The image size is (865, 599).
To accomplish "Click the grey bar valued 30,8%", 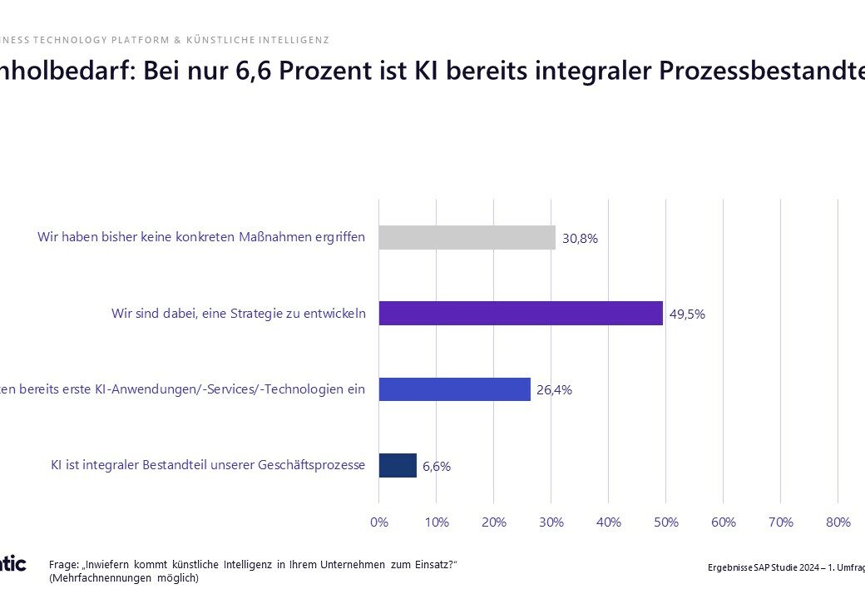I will (x=467, y=237).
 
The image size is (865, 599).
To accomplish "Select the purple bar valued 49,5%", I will (x=521, y=313).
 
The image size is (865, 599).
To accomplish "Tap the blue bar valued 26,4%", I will (x=454, y=389).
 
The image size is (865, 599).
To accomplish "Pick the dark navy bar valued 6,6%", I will (x=398, y=465).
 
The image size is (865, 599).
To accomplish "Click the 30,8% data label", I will (x=580, y=238).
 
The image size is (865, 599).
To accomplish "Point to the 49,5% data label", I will (x=687, y=314).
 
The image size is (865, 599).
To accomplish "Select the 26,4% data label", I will (x=554, y=389).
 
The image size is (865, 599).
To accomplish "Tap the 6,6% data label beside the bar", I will (x=437, y=466).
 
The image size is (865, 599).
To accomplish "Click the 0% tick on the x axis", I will (x=378, y=522).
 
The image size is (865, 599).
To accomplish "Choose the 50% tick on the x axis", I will (x=666, y=522).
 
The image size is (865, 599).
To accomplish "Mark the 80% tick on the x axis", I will (x=838, y=522).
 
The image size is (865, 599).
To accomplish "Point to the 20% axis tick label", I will (x=493, y=522).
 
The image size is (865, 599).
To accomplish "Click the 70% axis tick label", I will (x=780, y=522).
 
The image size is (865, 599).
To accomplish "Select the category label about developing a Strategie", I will (x=238, y=313).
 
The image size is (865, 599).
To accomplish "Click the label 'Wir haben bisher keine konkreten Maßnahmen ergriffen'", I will (x=200, y=237).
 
